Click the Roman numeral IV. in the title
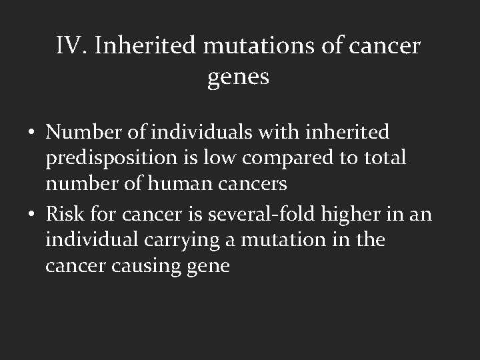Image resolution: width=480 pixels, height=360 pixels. point(71,46)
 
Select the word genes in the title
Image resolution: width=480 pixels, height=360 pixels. point(239,77)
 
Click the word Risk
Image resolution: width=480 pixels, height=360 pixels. point(65,213)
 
